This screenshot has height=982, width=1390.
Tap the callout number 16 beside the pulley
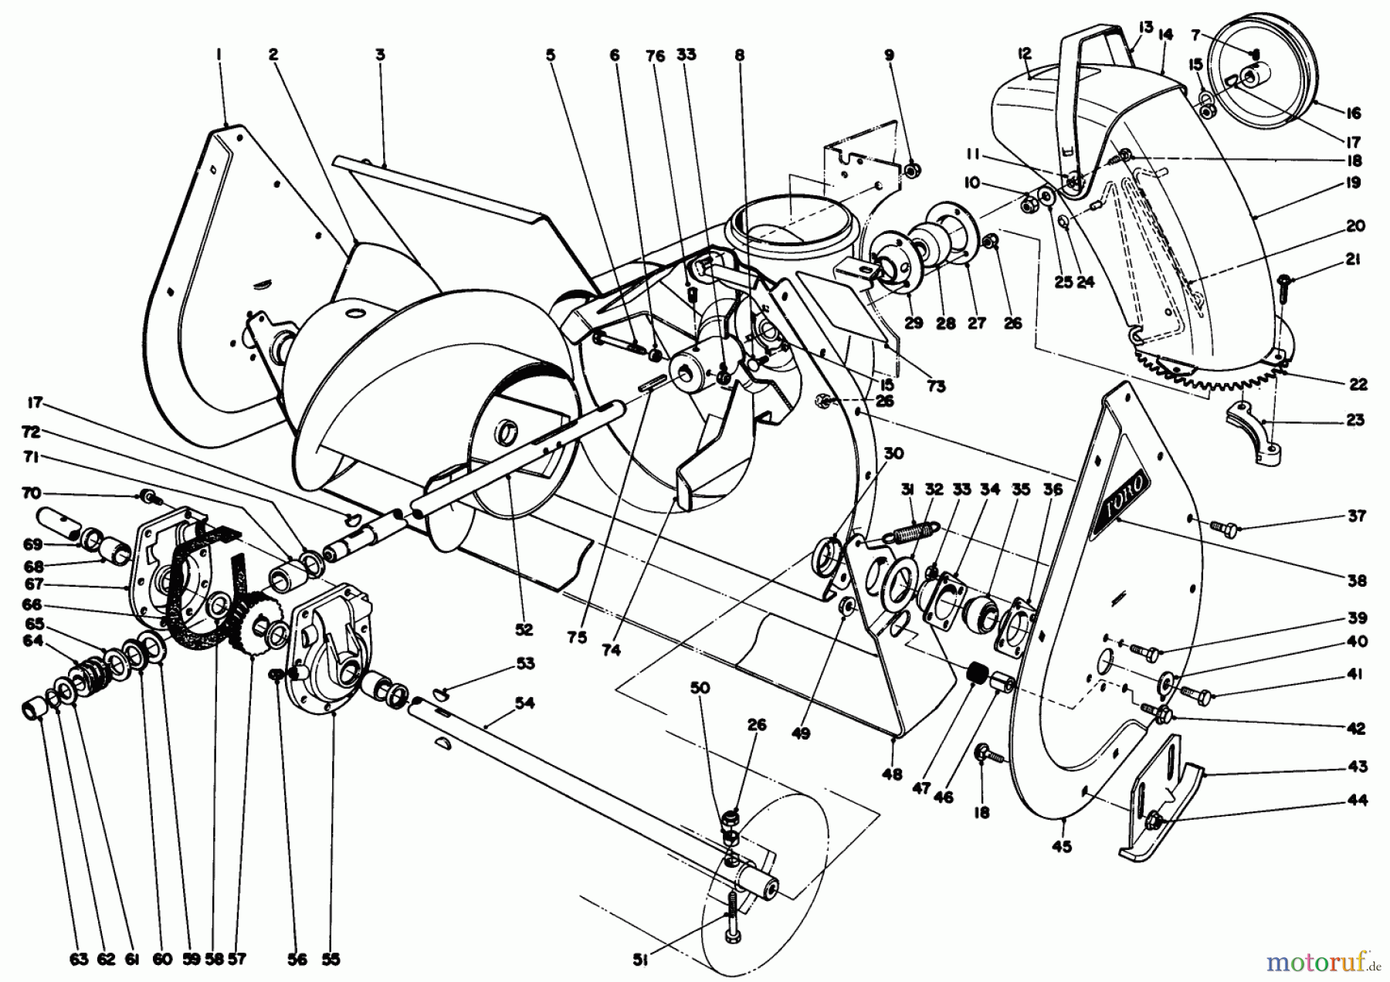(1352, 113)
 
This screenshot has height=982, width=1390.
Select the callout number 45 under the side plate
(1062, 847)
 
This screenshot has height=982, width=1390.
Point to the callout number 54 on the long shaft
(524, 703)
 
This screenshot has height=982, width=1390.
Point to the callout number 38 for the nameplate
(1357, 580)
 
